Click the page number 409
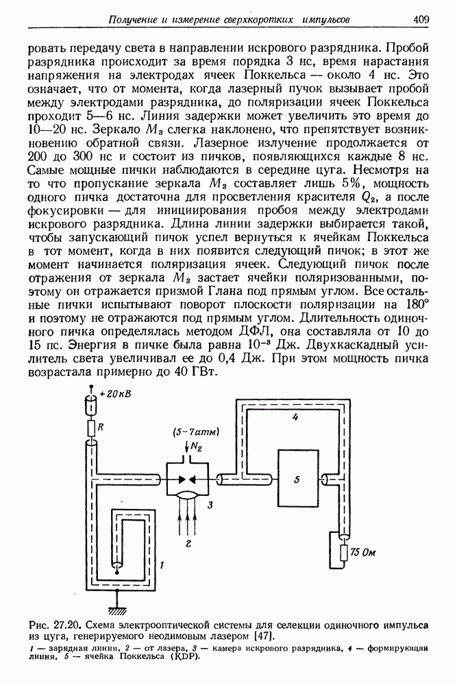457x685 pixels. point(421,20)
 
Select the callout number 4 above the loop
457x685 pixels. point(294,417)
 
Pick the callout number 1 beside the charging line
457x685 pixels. point(160,564)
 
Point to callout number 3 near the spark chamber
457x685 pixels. point(211,505)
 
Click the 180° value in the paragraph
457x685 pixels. point(414,304)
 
